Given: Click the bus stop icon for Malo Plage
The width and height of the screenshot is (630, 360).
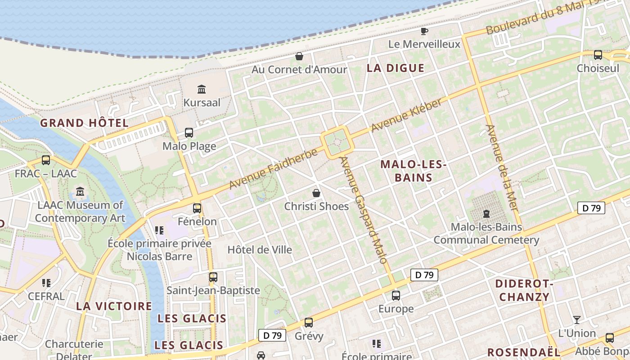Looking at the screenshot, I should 189,133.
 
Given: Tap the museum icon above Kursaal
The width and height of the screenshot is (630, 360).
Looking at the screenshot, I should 202,89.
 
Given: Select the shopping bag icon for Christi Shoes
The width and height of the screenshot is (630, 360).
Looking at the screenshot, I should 316,193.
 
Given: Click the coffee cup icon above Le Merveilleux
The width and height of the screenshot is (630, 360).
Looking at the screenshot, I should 424,31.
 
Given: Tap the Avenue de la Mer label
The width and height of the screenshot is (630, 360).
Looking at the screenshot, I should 502,167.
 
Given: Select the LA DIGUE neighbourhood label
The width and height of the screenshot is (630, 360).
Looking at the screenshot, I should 396,68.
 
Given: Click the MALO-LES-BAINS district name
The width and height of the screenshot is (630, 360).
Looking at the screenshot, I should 413,171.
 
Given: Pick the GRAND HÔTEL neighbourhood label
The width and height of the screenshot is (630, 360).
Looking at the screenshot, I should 85,123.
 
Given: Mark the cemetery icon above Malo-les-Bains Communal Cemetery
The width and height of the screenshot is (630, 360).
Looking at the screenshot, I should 486,213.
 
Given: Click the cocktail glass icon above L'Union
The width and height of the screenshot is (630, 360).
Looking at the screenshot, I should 576,320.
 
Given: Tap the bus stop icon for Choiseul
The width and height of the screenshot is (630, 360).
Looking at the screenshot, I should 598,55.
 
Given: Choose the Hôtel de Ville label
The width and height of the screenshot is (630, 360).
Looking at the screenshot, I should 260,250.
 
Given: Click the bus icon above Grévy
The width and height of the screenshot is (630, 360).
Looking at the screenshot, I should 309,323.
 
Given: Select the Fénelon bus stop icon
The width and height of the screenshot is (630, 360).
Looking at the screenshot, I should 197,208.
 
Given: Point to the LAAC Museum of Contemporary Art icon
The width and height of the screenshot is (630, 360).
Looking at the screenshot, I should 80,192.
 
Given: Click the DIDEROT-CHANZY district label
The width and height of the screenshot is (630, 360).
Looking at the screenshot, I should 524,290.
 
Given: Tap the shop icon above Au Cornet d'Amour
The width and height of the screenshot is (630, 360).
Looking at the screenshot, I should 299,56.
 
